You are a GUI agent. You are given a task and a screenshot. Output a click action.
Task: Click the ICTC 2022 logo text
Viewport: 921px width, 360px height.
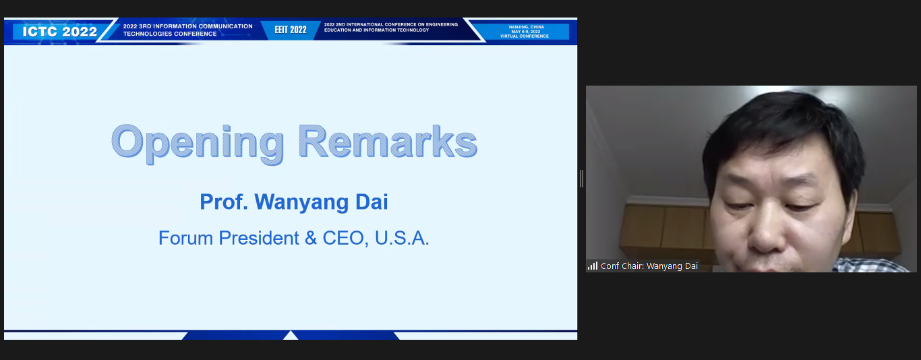point(59,32)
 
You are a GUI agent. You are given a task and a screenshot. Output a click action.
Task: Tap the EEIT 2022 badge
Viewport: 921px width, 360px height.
point(291,30)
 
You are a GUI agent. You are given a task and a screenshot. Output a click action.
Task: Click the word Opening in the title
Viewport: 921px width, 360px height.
point(198,143)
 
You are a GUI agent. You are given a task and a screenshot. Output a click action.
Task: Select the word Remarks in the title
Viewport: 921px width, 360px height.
point(387,142)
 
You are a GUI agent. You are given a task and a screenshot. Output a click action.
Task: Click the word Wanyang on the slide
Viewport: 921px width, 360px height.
point(301,202)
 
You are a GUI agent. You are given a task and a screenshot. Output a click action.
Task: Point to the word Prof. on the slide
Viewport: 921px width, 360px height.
point(224,202)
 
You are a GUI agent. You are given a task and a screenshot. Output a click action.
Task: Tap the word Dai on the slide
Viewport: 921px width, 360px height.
point(372,202)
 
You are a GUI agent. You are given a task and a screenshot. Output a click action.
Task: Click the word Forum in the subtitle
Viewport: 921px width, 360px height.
point(185,238)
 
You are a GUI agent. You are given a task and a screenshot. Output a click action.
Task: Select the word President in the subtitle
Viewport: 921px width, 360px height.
point(259,238)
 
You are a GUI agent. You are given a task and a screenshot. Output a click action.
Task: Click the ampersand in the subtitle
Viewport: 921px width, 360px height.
point(311,239)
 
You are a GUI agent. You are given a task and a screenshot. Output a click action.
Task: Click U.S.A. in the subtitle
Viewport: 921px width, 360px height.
point(402,239)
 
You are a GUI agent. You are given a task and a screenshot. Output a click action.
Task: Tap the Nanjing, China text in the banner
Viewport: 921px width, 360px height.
point(527,27)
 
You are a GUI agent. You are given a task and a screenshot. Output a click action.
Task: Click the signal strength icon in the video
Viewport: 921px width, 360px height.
point(593,266)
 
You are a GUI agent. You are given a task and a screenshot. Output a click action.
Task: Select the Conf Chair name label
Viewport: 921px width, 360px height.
point(649,266)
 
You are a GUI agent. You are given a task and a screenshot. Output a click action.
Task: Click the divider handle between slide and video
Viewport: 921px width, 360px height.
point(582,179)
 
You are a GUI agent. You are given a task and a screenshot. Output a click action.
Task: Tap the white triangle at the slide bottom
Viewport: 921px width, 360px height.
point(291,336)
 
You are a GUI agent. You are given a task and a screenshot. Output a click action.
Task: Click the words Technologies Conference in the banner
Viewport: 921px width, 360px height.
point(170,34)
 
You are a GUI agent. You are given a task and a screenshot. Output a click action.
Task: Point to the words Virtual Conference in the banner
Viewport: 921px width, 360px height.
point(525,36)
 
